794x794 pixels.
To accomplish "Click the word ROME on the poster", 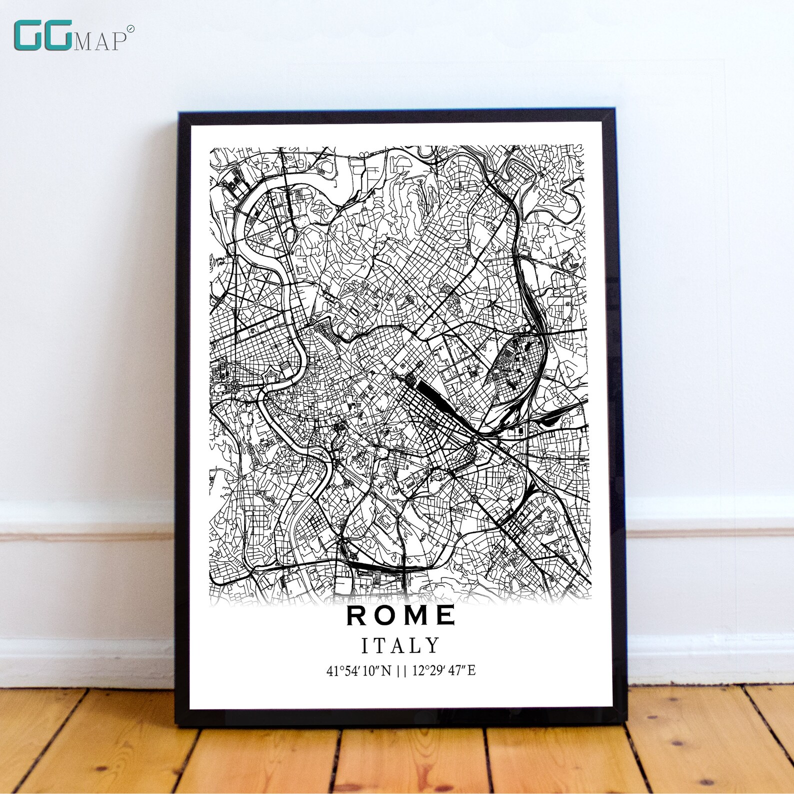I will pyautogui.click(x=400, y=615).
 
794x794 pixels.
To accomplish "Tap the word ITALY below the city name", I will pyautogui.click(x=400, y=645).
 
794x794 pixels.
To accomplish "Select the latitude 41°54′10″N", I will pyautogui.click(x=358, y=670).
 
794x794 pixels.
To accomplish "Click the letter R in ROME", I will pyautogui.click(x=356, y=615).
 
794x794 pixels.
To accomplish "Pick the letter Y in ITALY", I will pyautogui.click(x=433, y=645).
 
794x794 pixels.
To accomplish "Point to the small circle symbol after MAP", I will pyautogui.click(x=130, y=29).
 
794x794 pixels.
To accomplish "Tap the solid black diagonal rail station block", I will pyautogui.click(x=434, y=392).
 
